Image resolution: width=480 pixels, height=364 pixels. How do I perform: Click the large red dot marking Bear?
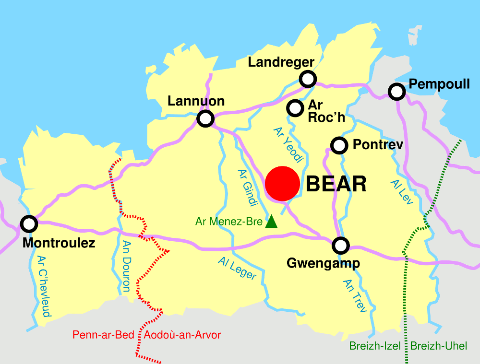[283, 184]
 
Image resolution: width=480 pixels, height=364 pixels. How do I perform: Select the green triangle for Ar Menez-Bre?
[271, 221]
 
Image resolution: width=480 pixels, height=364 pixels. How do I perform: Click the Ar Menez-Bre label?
[229, 222]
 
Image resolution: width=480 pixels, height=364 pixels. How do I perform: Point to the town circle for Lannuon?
[205, 118]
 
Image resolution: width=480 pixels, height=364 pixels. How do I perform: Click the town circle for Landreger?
[308, 79]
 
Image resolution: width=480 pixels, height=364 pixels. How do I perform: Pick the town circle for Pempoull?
[396, 91]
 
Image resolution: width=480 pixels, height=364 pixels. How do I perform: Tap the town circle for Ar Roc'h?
[295, 108]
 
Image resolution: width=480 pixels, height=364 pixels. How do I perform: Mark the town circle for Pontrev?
[339, 144]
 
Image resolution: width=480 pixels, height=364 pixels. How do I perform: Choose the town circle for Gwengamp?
[341, 246]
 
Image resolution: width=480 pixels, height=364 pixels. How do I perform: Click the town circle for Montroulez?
[29, 223]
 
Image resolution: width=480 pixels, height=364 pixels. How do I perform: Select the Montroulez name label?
[59, 243]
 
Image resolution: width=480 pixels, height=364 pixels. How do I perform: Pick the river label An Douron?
[126, 266]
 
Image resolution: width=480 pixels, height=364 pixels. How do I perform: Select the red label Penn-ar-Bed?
[103, 335]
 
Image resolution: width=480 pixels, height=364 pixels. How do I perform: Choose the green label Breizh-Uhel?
[438, 346]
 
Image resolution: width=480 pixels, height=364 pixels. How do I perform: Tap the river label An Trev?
[355, 296]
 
